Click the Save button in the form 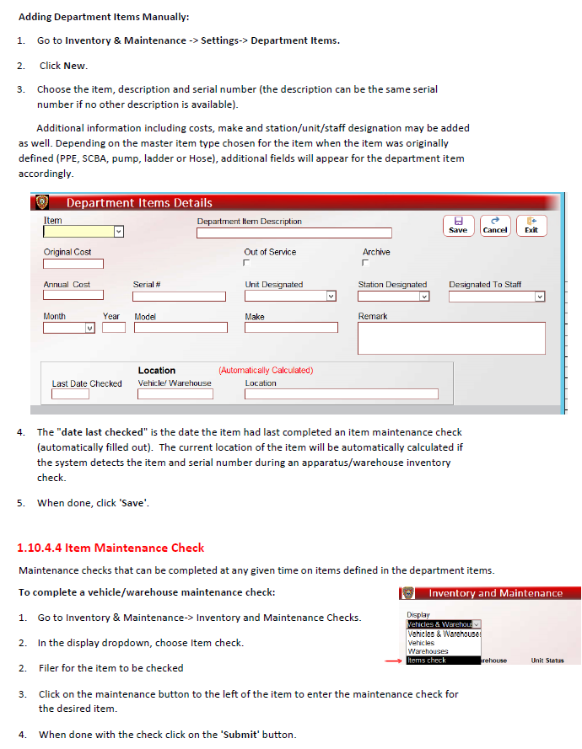pos(458,225)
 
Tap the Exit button pos(531,225)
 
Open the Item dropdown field pos(84,232)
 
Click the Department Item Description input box pos(294,233)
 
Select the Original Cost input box pos(73,264)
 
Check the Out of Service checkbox pos(247,264)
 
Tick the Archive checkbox pos(365,264)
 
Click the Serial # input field pos(179,297)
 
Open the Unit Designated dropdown pos(291,296)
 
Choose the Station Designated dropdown pos(394,296)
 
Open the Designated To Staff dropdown pos(497,297)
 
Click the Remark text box pos(451,338)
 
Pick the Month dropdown pos(69,328)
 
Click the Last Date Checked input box pos(70,393)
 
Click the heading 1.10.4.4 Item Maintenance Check pos(110,548)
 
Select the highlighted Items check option pos(428,661)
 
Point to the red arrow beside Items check pos(393,661)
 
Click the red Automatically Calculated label pos(265,370)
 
